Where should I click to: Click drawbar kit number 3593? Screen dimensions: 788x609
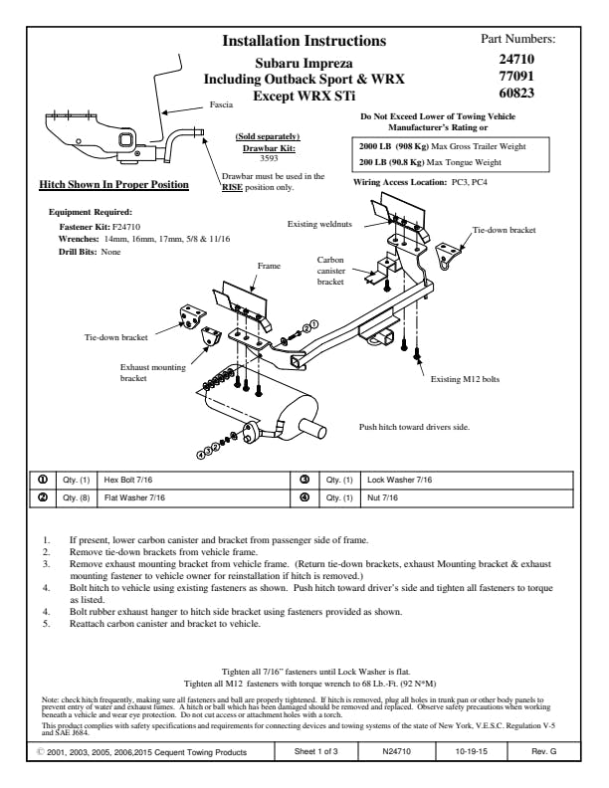tap(268, 157)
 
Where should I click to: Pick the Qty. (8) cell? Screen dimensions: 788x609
tap(77, 497)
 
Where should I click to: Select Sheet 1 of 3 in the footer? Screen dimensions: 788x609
tap(319, 752)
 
